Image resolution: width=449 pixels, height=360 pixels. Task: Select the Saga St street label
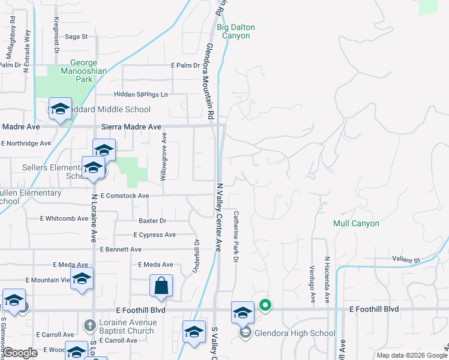[76, 37]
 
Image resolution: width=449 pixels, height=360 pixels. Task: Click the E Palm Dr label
[185, 65]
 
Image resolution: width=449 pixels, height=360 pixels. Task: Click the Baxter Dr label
[152, 221]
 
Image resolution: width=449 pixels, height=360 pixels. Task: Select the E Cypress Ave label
[155, 235]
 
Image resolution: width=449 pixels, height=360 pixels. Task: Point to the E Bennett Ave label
[121, 249]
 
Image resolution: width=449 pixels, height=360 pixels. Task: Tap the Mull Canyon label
[357, 223]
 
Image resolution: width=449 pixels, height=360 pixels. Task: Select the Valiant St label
[407, 260]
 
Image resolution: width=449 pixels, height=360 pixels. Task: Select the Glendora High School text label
[295, 333]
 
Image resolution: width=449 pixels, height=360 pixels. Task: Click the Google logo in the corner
[20, 353]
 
